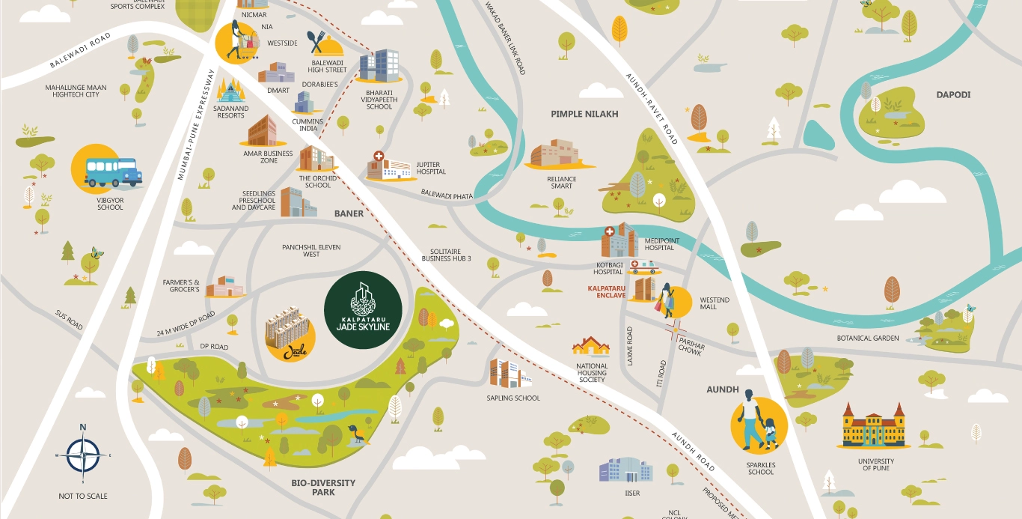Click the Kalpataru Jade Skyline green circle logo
tap(363, 310)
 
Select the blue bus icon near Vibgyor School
tap(112, 172)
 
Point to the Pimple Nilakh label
tap(584, 114)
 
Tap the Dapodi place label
tap(952, 94)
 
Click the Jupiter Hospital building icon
tap(389, 168)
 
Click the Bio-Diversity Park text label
tap(323, 488)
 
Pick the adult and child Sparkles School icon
tap(759, 425)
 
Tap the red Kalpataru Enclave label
tap(606, 291)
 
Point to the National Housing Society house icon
tap(590, 347)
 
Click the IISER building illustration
tap(625, 470)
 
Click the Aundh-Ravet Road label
tap(652, 109)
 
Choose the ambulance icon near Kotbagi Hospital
tap(644, 267)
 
